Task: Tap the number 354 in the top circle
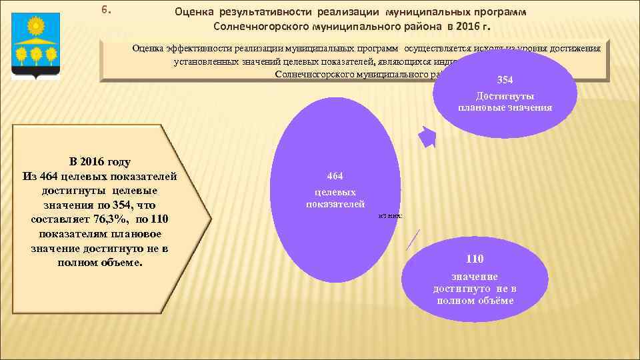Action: [x=505, y=80]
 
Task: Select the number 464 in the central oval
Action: [x=335, y=177]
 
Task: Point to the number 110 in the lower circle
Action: [x=475, y=259]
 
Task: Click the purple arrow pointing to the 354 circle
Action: [x=426, y=136]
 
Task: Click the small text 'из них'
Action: [x=390, y=216]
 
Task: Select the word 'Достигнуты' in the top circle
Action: [x=505, y=96]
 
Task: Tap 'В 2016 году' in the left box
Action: [x=100, y=161]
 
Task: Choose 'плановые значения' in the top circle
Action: [x=505, y=107]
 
